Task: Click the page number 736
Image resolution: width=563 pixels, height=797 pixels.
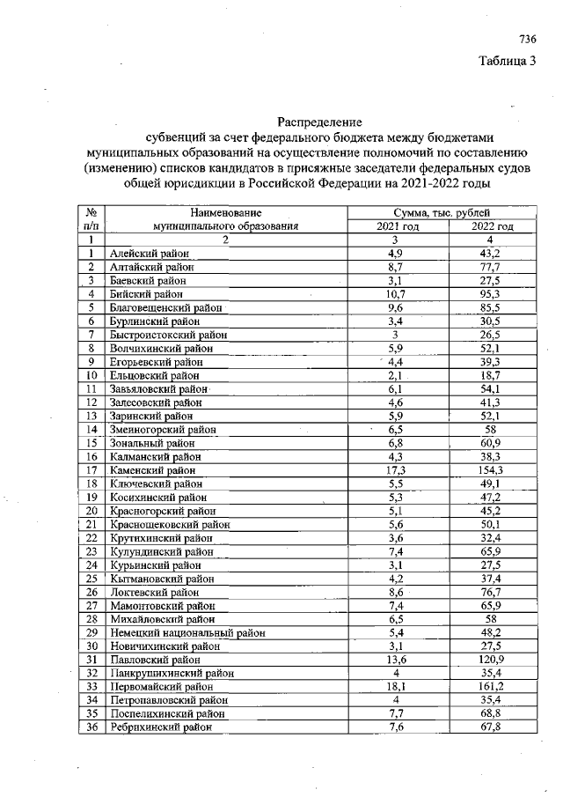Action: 527,39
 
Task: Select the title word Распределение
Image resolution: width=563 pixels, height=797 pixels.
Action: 319,122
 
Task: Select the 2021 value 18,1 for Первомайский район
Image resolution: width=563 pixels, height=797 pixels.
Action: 396,685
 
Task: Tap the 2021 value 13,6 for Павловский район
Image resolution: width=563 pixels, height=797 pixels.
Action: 396,659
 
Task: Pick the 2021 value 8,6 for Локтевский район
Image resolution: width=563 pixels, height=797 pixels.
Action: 396,592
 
